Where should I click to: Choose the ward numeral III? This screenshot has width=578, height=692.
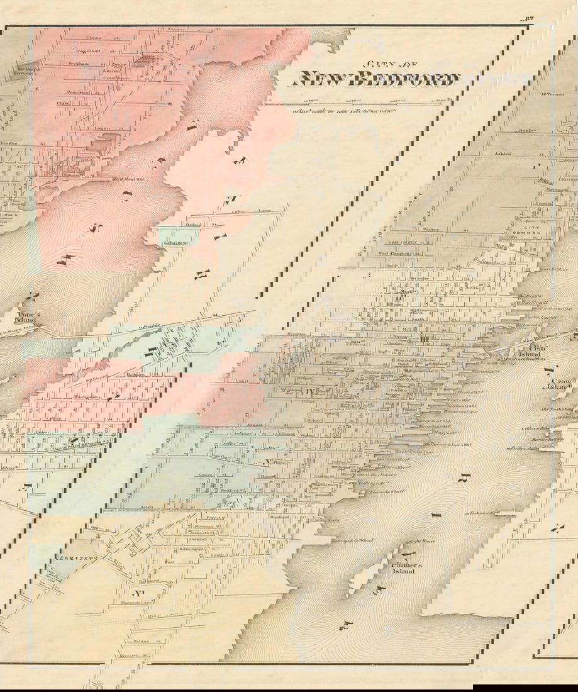coord(425,340)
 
